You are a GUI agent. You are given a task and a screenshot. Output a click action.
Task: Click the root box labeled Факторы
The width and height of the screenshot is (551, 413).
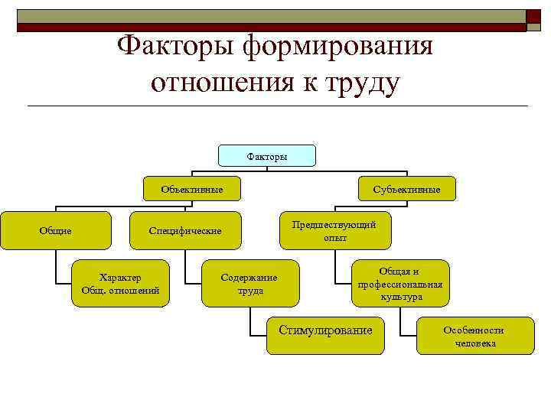pyautogui.click(x=267, y=156)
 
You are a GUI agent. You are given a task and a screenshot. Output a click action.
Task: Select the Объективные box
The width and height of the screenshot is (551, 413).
pyautogui.click(x=191, y=189)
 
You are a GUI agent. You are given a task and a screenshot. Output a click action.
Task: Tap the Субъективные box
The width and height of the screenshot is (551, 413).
pyautogui.click(x=406, y=189)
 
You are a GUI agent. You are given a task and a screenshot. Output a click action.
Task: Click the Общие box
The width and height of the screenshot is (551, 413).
pyautogui.click(x=55, y=230)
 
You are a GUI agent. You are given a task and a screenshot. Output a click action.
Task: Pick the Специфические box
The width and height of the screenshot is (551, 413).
pyautogui.click(x=185, y=230)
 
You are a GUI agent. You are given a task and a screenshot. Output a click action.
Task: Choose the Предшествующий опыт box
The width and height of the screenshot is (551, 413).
pyautogui.click(x=334, y=230)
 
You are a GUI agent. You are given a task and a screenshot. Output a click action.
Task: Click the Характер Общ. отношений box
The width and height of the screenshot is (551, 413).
pyautogui.click(x=120, y=284)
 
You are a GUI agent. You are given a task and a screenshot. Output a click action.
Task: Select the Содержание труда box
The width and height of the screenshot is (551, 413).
pyautogui.click(x=249, y=284)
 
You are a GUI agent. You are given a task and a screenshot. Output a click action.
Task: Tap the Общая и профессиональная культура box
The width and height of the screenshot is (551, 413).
pyautogui.click(x=400, y=284)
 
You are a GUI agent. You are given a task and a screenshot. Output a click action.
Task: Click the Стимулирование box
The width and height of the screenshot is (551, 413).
pyautogui.click(x=325, y=330)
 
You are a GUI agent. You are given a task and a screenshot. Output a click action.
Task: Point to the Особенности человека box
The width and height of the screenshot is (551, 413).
pyautogui.click(x=474, y=337)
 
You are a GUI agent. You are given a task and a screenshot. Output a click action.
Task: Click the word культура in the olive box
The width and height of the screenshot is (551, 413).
pyautogui.click(x=401, y=297)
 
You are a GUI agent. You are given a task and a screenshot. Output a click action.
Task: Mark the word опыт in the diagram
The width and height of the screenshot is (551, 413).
pyautogui.click(x=334, y=238)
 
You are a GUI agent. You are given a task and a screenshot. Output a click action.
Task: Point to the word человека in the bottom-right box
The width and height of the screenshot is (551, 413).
pyautogui.click(x=475, y=343)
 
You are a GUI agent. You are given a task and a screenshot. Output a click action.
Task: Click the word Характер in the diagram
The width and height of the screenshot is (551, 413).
pyautogui.click(x=120, y=277)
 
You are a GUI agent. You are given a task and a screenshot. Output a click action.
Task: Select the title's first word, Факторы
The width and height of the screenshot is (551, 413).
pyautogui.click(x=176, y=47)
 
